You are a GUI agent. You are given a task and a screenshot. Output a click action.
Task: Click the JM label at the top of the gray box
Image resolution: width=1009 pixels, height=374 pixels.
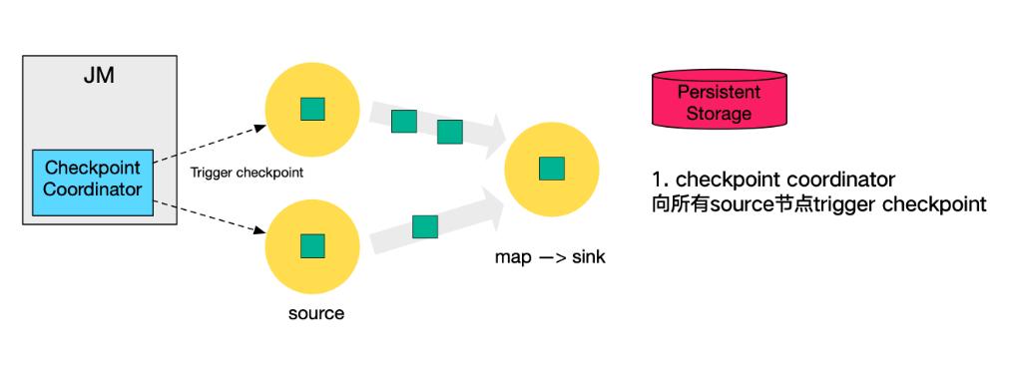[91, 77]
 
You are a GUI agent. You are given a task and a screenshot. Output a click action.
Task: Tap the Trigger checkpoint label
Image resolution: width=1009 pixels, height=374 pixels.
[246, 172]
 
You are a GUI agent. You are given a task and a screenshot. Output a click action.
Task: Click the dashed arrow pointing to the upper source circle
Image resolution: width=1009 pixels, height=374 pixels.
[210, 148]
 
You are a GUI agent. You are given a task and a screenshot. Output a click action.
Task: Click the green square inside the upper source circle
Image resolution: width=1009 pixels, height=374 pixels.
[313, 108]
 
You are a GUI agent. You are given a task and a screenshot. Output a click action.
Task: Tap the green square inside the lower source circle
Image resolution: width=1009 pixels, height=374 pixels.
[313, 245]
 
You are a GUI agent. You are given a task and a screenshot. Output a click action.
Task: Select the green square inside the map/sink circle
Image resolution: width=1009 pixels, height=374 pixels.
[552, 169]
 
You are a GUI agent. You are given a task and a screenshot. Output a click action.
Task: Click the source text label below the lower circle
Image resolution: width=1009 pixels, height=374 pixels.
[315, 313]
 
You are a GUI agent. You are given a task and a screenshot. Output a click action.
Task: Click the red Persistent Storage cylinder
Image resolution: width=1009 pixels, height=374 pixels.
[719, 102]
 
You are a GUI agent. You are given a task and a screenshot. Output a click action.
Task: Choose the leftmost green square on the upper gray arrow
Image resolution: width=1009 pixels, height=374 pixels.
[403, 122]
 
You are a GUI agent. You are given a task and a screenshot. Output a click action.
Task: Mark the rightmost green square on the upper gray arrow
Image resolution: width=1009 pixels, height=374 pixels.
[450, 132]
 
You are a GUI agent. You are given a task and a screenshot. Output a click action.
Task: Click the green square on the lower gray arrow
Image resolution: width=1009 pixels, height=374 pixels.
[425, 226]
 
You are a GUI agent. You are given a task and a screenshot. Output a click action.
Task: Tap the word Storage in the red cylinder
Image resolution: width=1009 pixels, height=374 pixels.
[719, 114]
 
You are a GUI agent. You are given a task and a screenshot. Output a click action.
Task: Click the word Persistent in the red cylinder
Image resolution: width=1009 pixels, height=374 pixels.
[719, 92]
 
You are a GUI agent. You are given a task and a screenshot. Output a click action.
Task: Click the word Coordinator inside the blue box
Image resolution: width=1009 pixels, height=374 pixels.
[93, 189]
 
